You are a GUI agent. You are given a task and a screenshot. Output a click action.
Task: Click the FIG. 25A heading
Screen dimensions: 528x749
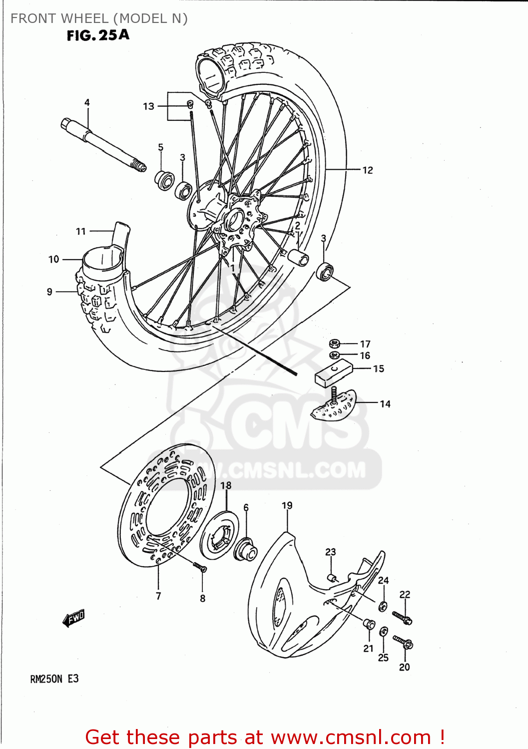point(98,35)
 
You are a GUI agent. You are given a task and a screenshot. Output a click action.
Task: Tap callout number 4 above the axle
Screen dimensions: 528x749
point(87,102)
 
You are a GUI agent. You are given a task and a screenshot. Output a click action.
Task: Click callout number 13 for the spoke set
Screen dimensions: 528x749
point(148,106)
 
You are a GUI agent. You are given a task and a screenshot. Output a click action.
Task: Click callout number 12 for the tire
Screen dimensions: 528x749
point(368,170)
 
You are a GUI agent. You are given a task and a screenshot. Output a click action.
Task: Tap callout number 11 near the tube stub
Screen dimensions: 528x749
point(81,231)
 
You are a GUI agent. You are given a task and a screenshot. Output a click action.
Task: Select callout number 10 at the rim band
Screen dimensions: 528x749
point(54,259)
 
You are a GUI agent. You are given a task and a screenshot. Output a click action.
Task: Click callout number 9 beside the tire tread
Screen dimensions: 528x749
point(49,292)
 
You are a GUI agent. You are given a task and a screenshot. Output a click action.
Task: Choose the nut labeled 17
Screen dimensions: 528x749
point(335,344)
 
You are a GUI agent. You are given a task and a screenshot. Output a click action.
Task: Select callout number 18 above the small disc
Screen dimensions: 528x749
point(226,485)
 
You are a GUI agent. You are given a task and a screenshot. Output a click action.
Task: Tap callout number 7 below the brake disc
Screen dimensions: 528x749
point(158,596)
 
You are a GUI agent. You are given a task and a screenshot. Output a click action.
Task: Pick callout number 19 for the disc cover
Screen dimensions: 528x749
point(287,505)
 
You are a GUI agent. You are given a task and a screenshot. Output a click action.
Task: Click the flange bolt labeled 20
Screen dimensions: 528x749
point(403,642)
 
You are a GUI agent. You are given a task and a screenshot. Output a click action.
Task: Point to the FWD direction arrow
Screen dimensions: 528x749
point(74,618)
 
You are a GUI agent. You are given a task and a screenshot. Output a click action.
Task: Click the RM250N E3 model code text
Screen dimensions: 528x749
point(54,679)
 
